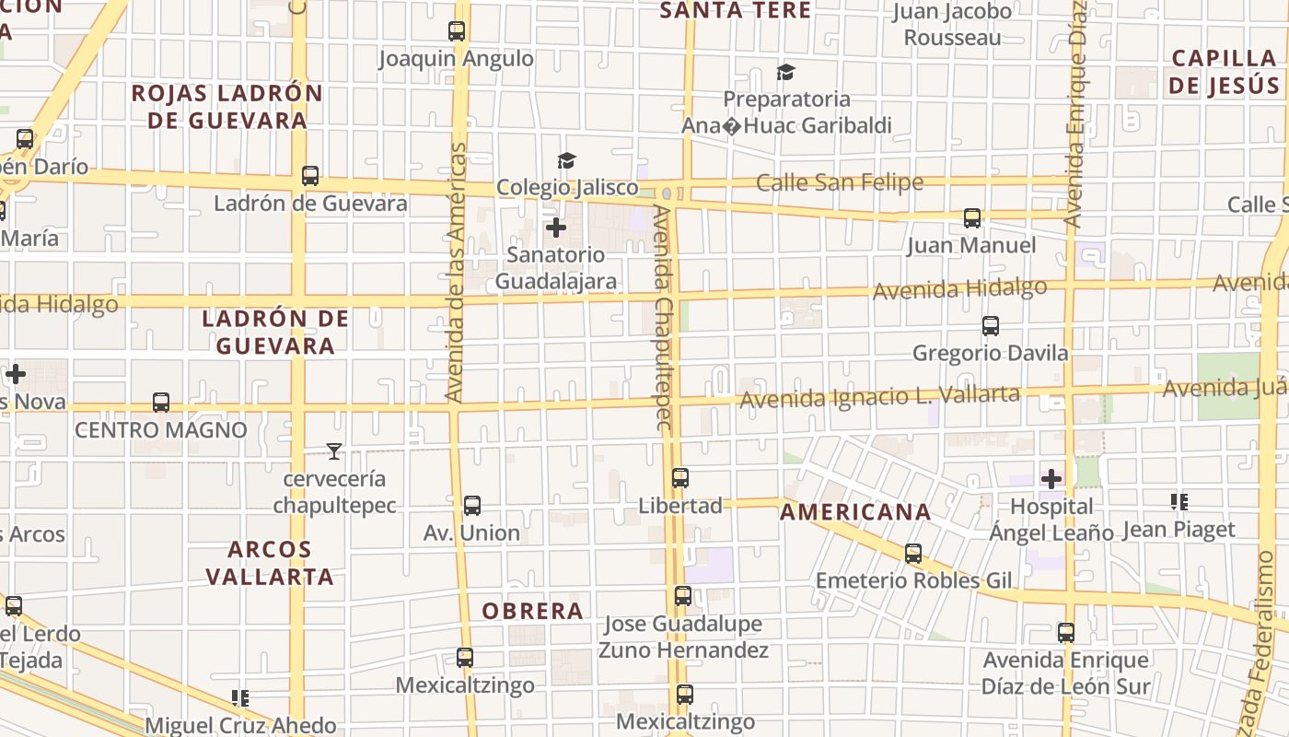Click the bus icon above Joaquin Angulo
pos(457,31)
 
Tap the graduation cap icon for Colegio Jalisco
pos(565,161)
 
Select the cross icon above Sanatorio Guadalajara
pos(556,228)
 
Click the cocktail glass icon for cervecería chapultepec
pos(334,451)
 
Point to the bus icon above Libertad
pos(680,478)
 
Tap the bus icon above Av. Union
pos(472,506)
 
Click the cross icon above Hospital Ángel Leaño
pos(1051,479)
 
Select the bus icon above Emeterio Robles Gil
pos(913,554)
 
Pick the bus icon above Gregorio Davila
pos(991,326)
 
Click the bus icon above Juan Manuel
pos(972,218)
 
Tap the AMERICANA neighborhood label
pos(855,512)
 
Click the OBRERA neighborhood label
pos(532,611)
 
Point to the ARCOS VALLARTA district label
pos(269,563)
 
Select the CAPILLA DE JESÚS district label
pos(1225,72)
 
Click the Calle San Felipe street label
pos(839,182)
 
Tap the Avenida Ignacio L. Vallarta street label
pos(879,397)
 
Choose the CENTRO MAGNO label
pos(161,430)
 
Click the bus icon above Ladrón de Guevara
pos(310,176)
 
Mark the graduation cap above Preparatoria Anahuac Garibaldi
pos(785,72)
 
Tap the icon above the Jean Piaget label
pos(1179,502)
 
